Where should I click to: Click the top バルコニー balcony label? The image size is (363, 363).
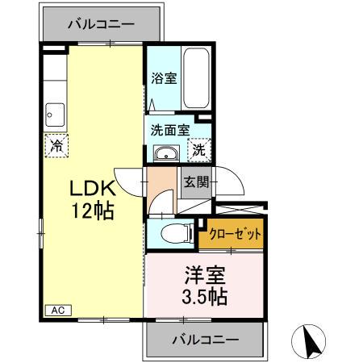100,24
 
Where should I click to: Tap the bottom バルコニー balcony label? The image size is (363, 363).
204,340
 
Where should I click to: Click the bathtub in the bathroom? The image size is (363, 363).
197,78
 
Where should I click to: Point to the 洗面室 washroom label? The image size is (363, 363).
169,128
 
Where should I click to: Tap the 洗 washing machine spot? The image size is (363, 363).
198,149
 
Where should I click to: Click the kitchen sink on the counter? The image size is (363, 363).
56,113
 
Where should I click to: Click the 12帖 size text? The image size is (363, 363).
90,212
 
